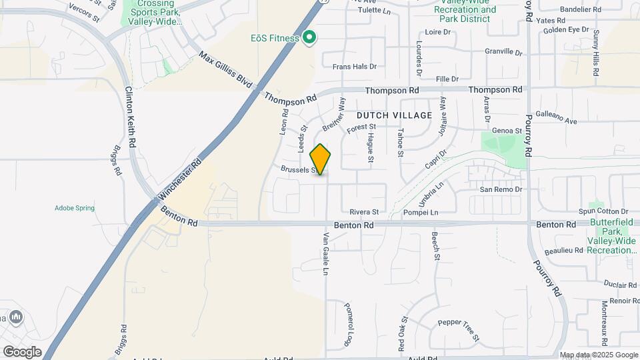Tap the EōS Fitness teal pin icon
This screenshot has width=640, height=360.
309,37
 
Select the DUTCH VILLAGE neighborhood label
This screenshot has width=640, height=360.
389,115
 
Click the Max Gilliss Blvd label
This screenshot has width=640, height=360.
225,69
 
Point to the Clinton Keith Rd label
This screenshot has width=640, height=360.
131,117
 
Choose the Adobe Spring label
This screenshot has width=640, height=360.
75,208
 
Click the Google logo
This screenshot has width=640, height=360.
22,351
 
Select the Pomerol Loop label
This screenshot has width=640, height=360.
348,325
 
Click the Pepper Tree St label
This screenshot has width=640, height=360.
459,330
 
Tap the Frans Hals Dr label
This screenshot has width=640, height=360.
355,67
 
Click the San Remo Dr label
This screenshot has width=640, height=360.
501,190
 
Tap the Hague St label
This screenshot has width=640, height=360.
370,146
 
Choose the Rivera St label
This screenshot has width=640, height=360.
364,212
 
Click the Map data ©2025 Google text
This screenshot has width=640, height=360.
598,355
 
